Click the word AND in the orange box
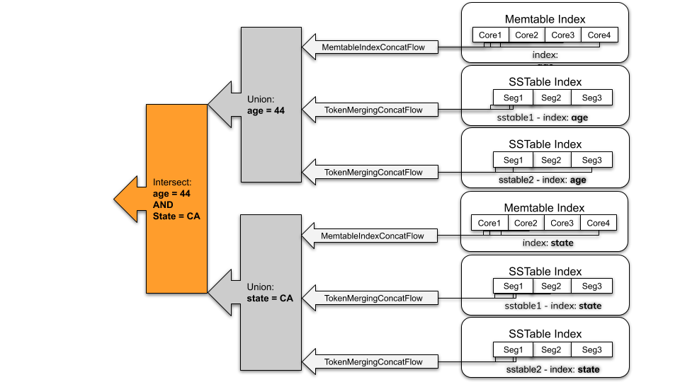click(163, 204)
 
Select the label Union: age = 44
click(266, 105)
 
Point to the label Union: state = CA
click(269, 293)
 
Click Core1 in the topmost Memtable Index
click(489, 35)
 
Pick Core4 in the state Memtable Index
click(598, 224)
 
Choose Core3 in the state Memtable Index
click(562, 224)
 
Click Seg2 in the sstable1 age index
click(552, 98)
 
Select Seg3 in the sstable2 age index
click(591, 160)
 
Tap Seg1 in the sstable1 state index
click(513, 286)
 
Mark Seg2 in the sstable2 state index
click(552, 349)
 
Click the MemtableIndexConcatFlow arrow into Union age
click(373, 47)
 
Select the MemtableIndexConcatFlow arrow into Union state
click(373, 236)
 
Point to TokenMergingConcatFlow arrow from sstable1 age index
click(373, 110)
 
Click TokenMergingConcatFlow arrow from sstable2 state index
click(373, 361)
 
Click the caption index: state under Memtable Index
click(548, 243)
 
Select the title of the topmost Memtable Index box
click(545, 19)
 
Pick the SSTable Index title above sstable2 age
click(545, 144)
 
